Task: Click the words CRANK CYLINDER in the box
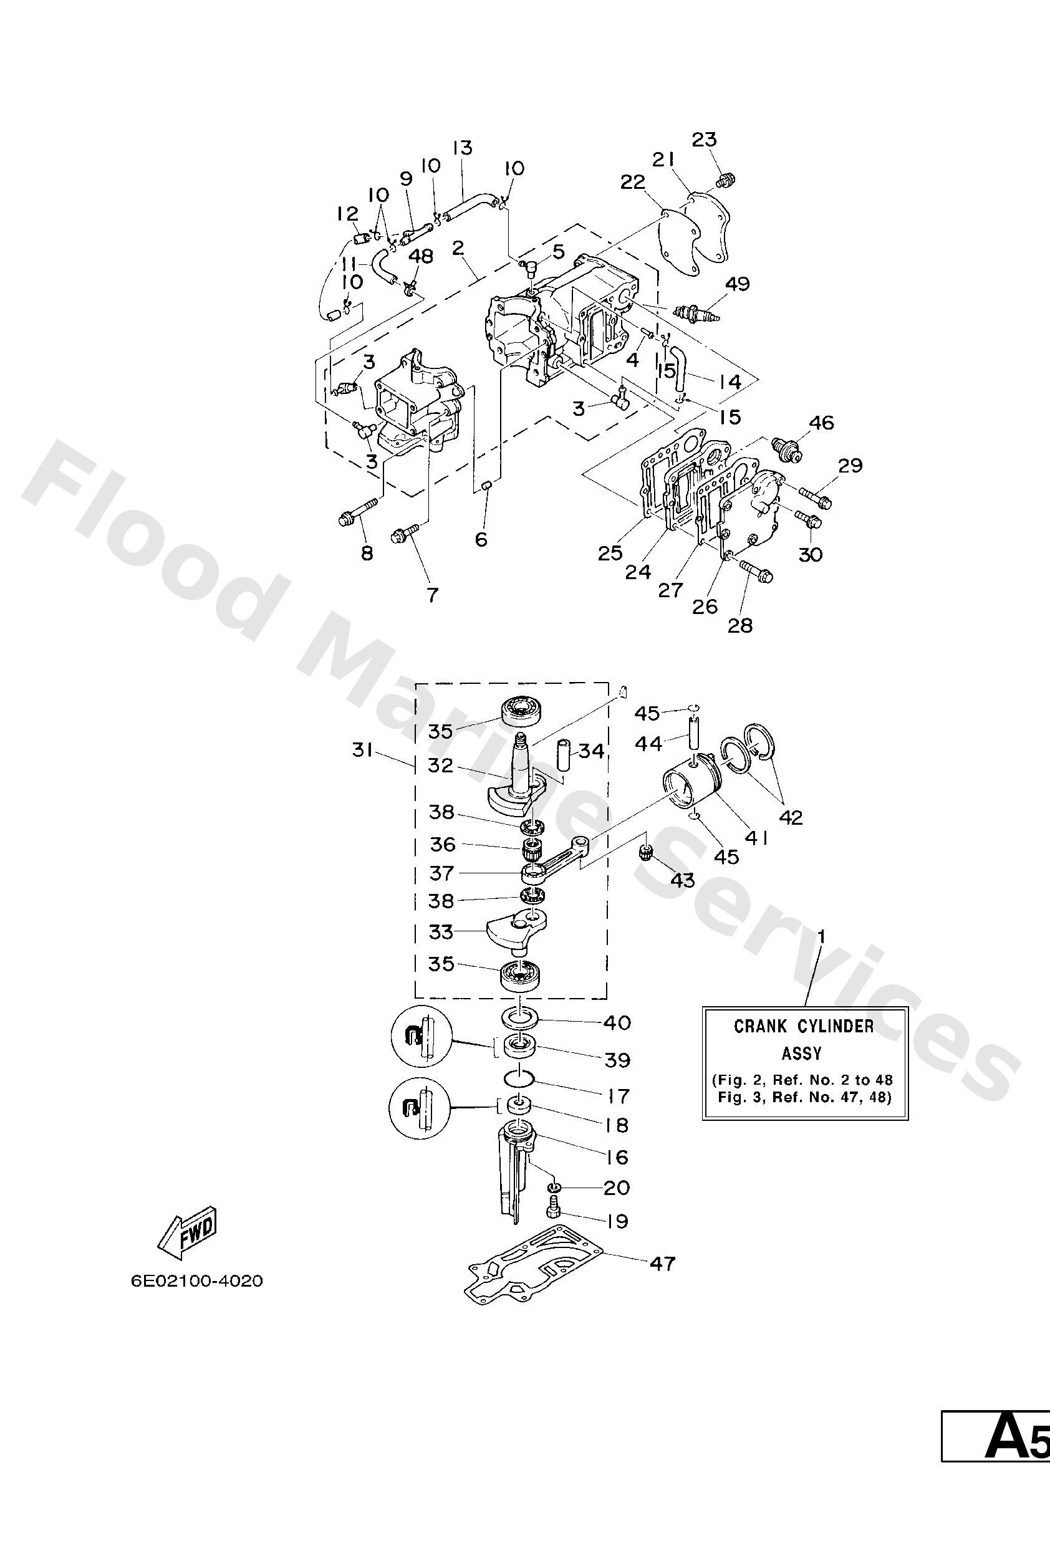803,1027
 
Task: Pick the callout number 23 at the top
704,140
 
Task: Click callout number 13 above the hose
462,147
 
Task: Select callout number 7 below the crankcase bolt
433,595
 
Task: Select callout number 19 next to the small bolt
618,1221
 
